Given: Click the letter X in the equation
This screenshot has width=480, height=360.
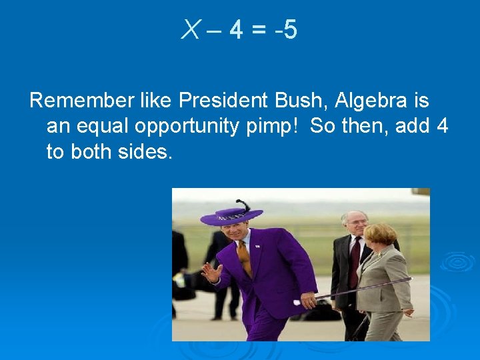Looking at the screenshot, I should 190,30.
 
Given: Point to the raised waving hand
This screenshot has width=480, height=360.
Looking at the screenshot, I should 211,272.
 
